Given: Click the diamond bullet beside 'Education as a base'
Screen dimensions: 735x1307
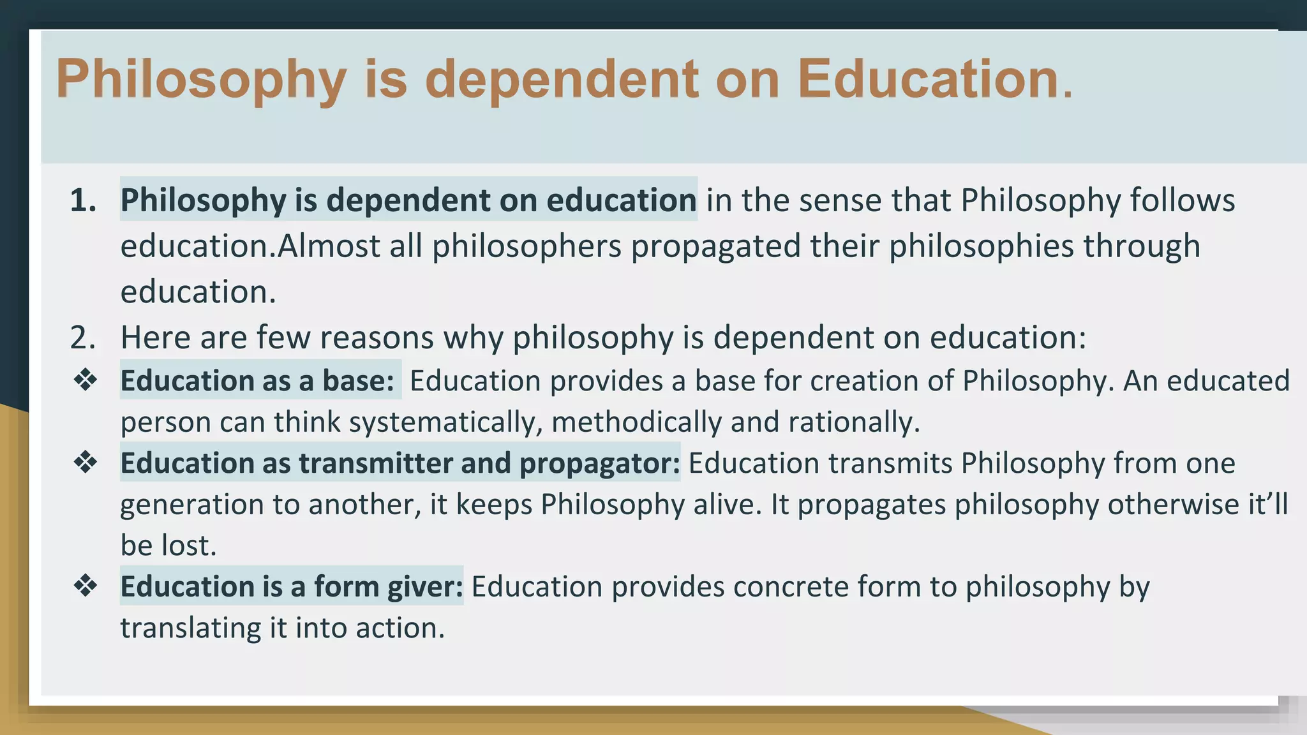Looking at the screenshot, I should point(86,380).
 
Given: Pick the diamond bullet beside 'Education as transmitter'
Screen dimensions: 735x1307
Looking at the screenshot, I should point(86,463).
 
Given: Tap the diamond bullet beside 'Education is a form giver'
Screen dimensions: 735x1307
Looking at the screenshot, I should point(86,586).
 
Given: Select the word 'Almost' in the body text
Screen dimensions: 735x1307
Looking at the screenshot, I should point(329,246).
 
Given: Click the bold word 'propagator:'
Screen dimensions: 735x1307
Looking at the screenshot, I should point(600,463).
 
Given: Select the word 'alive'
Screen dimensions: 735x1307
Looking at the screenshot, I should point(727,504).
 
